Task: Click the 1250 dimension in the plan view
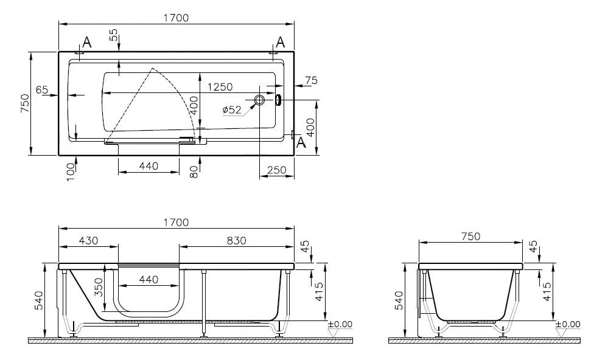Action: pyautogui.click(x=220, y=88)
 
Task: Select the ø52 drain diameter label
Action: pyautogui.click(x=232, y=109)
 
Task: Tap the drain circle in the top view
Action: pyautogui.click(x=259, y=100)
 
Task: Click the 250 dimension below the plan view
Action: pyautogui.click(x=277, y=171)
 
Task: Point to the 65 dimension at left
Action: pyautogui.click(x=42, y=90)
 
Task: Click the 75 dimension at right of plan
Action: pyautogui.click(x=311, y=81)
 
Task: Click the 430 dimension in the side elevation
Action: pyautogui.click(x=88, y=240)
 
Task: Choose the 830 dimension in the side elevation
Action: pyautogui.click(x=236, y=240)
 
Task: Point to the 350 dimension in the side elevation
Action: pyautogui.click(x=99, y=286)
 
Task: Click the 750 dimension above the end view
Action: pyautogui.click(x=470, y=237)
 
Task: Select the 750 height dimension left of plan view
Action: pyautogui.click(x=25, y=103)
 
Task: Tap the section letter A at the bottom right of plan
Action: pyautogui.click(x=300, y=142)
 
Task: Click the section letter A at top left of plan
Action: pyautogui.click(x=87, y=42)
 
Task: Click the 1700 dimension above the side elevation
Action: pyautogui.click(x=176, y=223)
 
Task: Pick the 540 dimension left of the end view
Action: pyautogui.click(x=399, y=300)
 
